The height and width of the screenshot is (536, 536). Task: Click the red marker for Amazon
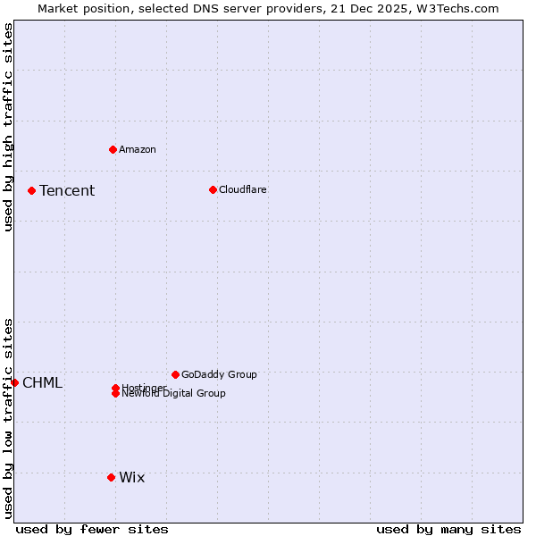click(113, 149)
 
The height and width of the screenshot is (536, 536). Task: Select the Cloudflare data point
click(213, 189)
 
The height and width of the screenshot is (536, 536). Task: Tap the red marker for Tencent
click(31, 190)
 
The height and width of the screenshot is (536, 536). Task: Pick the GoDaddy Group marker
click(175, 374)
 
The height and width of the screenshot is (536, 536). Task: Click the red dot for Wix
click(111, 477)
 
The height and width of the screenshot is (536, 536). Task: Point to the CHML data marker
click(14, 382)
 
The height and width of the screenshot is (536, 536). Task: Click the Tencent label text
click(67, 190)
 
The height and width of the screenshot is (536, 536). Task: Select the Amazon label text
click(137, 149)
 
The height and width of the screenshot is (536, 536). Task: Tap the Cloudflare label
click(242, 189)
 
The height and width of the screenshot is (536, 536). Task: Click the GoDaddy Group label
click(219, 374)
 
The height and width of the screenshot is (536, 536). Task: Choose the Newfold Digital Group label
click(173, 394)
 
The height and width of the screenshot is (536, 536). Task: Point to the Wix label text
click(131, 477)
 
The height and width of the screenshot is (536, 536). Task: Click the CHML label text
click(42, 383)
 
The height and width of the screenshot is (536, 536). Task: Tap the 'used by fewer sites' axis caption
click(92, 529)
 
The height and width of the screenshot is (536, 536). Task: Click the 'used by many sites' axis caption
click(448, 529)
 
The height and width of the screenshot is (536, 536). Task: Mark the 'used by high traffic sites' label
click(8, 127)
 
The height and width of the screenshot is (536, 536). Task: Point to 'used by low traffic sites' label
click(8, 418)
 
